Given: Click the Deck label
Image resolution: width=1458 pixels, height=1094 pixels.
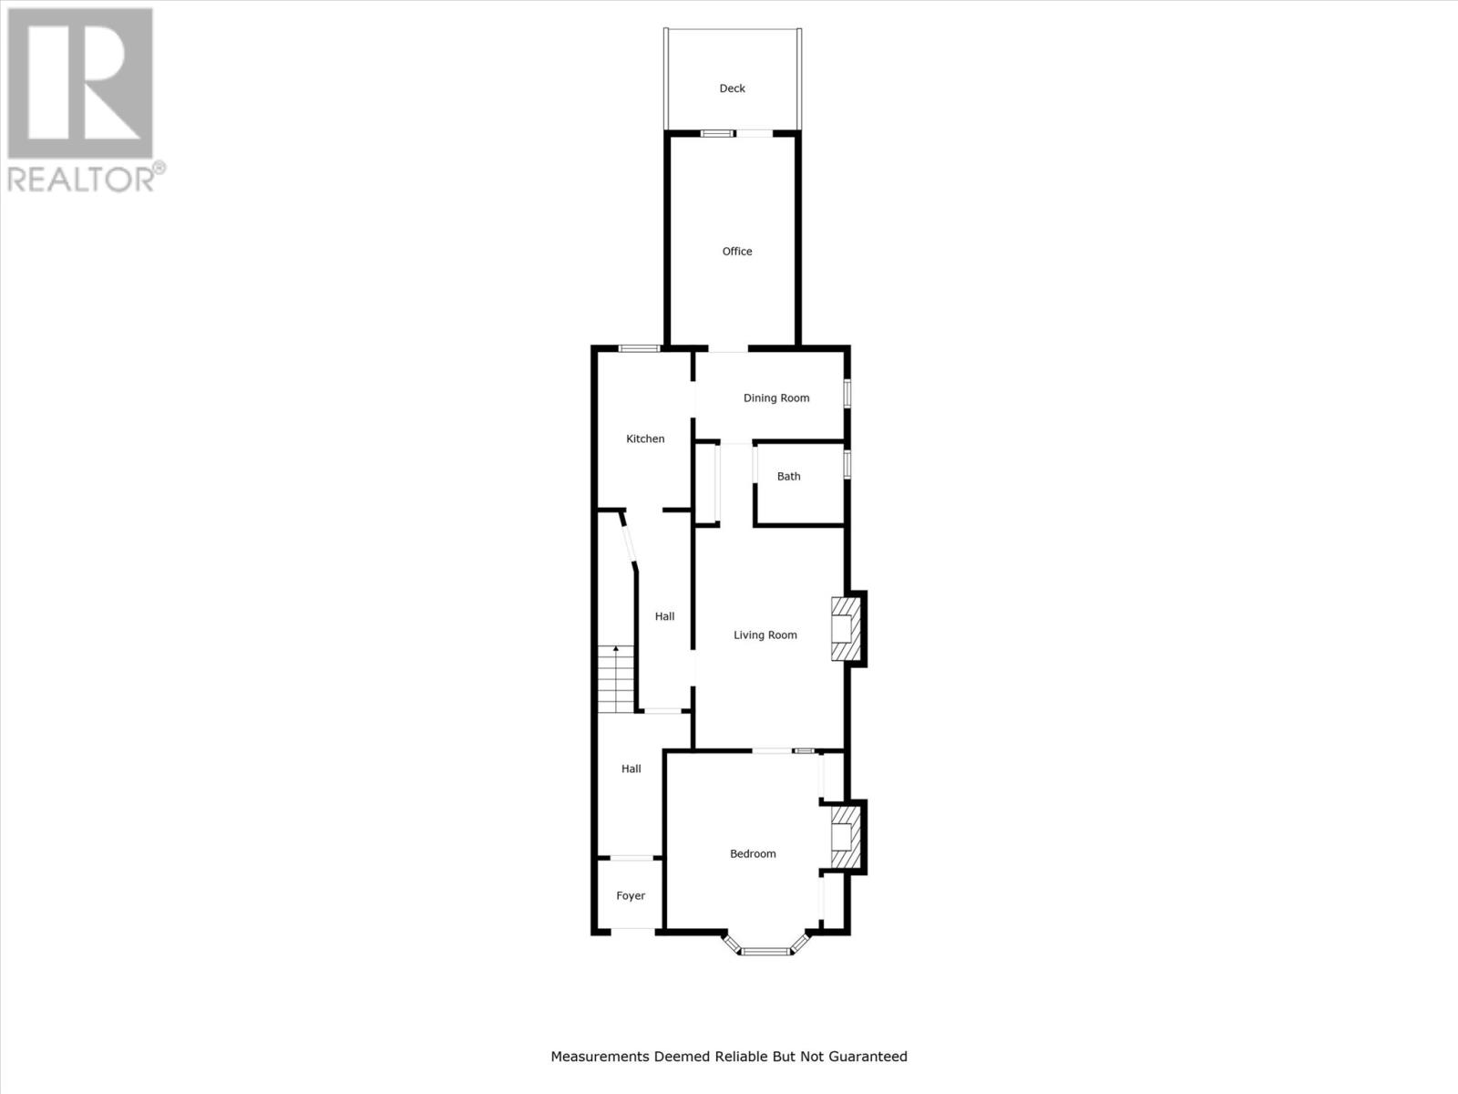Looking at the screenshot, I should click(x=732, y=88).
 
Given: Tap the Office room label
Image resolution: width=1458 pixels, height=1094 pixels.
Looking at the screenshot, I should click(x=737, y=252).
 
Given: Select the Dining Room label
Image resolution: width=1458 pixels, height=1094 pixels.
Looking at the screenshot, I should click(x=776, y=397).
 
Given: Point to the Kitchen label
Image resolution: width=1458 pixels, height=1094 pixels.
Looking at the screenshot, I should click(x=645, y=439).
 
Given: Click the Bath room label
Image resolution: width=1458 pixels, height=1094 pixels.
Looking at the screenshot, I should click(x=788, y=476).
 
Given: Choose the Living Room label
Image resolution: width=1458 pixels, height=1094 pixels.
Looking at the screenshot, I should click(x=765, y=635).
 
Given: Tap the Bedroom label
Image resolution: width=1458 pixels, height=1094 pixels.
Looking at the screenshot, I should click(x=753, y=854).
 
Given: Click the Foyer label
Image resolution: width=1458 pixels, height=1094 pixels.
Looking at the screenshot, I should click(x=631, y=896).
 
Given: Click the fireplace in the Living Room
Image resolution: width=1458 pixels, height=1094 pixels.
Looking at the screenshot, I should click(x=844, y=628).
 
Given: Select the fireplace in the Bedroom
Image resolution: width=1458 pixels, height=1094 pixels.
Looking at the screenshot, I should click(x=844, y=836).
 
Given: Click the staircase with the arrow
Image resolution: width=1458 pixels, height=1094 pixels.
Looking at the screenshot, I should click(x=616, y=678).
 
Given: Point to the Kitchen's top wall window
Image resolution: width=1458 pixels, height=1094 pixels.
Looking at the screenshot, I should click(x=639, y=347).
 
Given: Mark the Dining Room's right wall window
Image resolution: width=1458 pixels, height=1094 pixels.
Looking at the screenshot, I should click(x=847, y=394).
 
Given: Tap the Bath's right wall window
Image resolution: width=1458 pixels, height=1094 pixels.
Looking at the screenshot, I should click(x=847, y=463).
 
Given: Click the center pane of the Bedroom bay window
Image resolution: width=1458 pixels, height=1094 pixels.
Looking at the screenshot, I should click(x=765, y=952).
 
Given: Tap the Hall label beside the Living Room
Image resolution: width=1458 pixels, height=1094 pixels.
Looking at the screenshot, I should click(x=664, y=616).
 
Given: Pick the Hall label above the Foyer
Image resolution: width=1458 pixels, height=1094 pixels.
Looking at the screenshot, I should click(x=631, y=769).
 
